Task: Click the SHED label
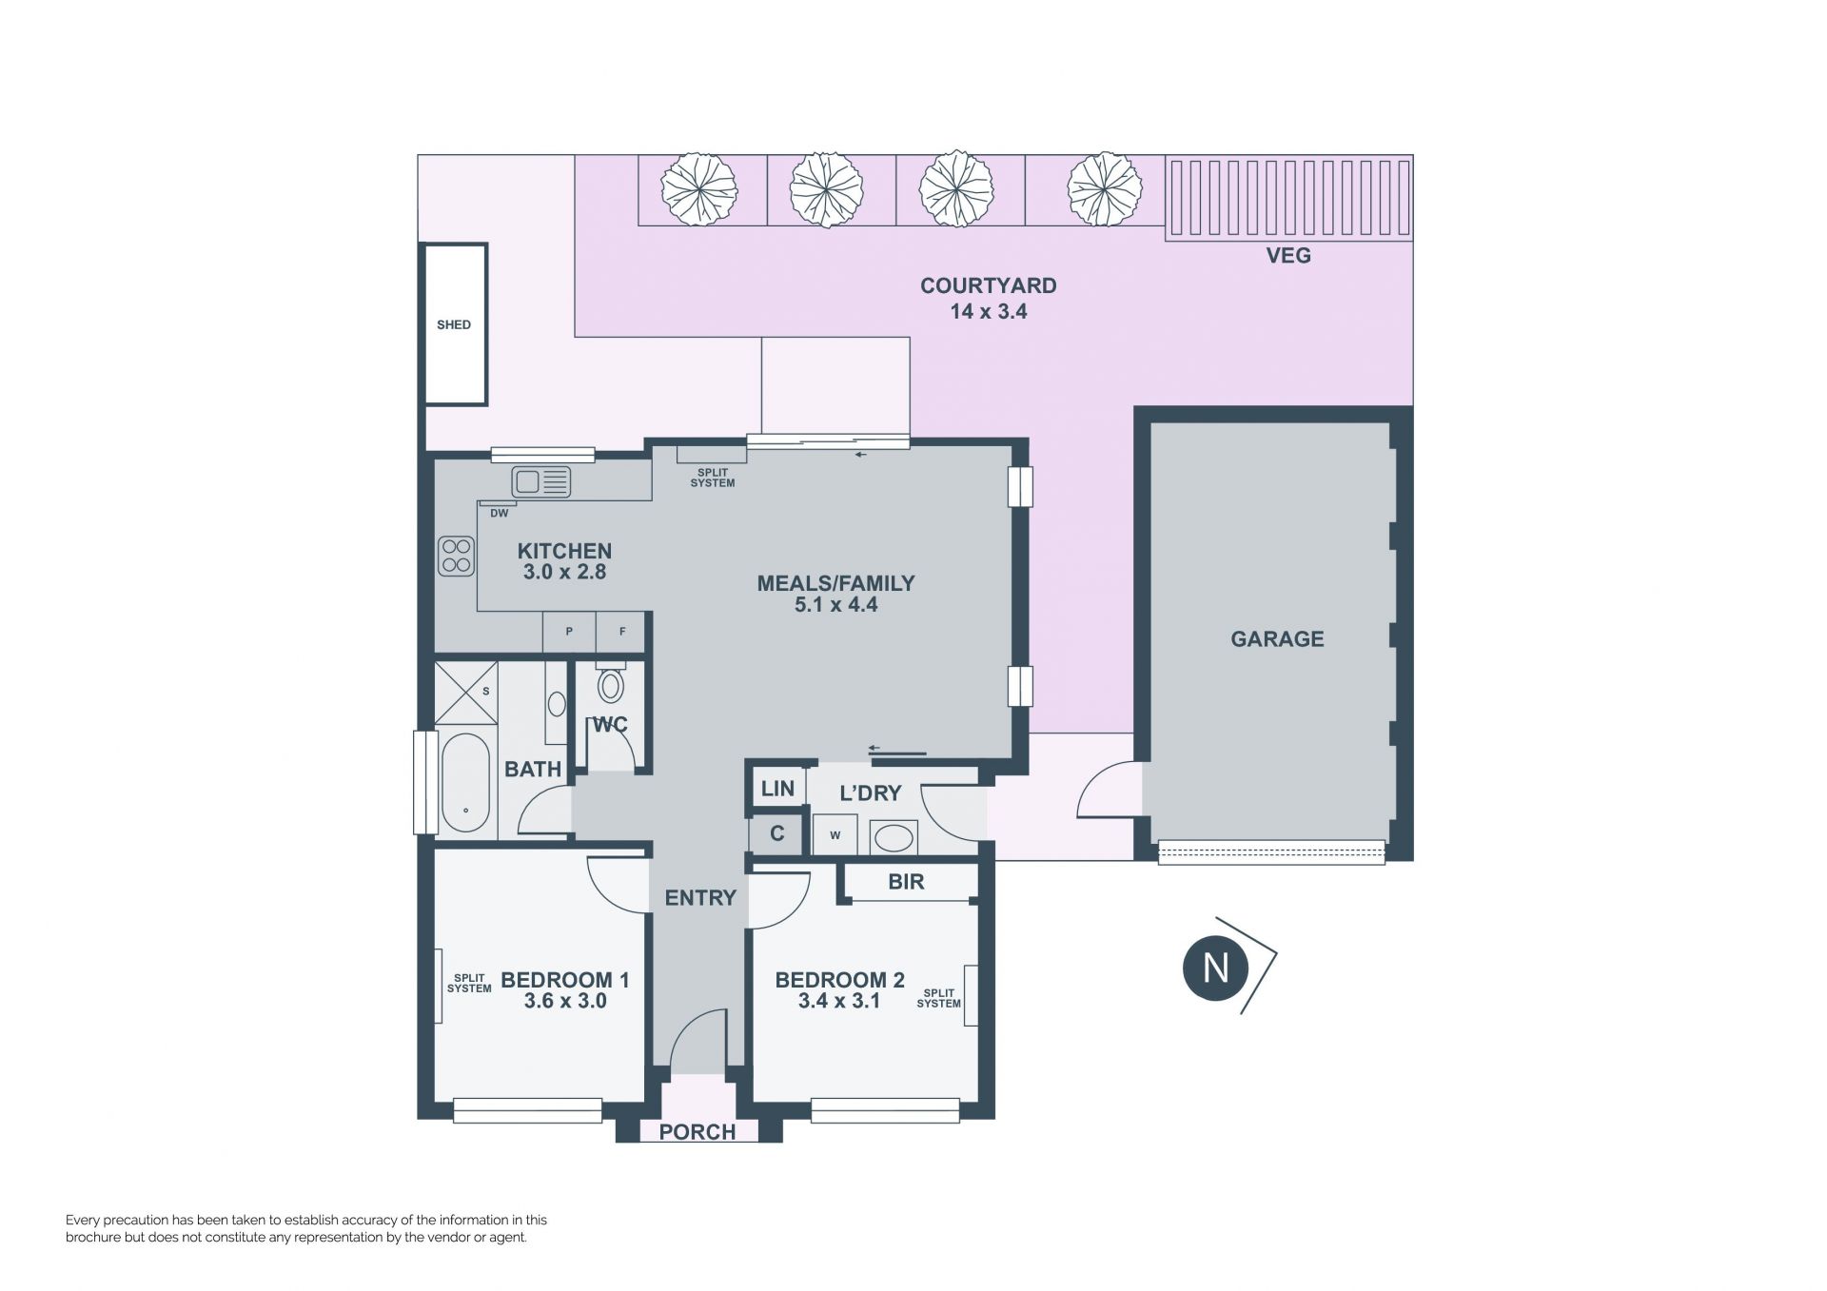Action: click(454, 324)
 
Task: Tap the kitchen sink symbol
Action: click(540, 481)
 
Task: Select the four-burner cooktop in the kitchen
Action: click(456, 557)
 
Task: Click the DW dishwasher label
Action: click(500, 514)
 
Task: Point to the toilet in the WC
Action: click(611, 681)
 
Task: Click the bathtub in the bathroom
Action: click(465, 783)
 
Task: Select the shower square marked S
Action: click(465, 694)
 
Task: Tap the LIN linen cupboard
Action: click(777, 789)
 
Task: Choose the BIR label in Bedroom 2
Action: click(906, 882)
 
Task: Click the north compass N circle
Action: click(1216, 968)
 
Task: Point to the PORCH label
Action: click(697, 1132)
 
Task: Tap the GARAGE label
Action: click(1277, 639)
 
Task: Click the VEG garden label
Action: click(1288, 255)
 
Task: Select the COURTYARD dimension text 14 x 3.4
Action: click(989, 312)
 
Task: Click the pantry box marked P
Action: click(569, 631)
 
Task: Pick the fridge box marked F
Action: click(622, 631)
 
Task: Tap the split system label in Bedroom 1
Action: click(469, 984)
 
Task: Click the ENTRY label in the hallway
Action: click(700, 898)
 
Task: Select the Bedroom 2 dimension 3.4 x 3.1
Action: click(838, 1001)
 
